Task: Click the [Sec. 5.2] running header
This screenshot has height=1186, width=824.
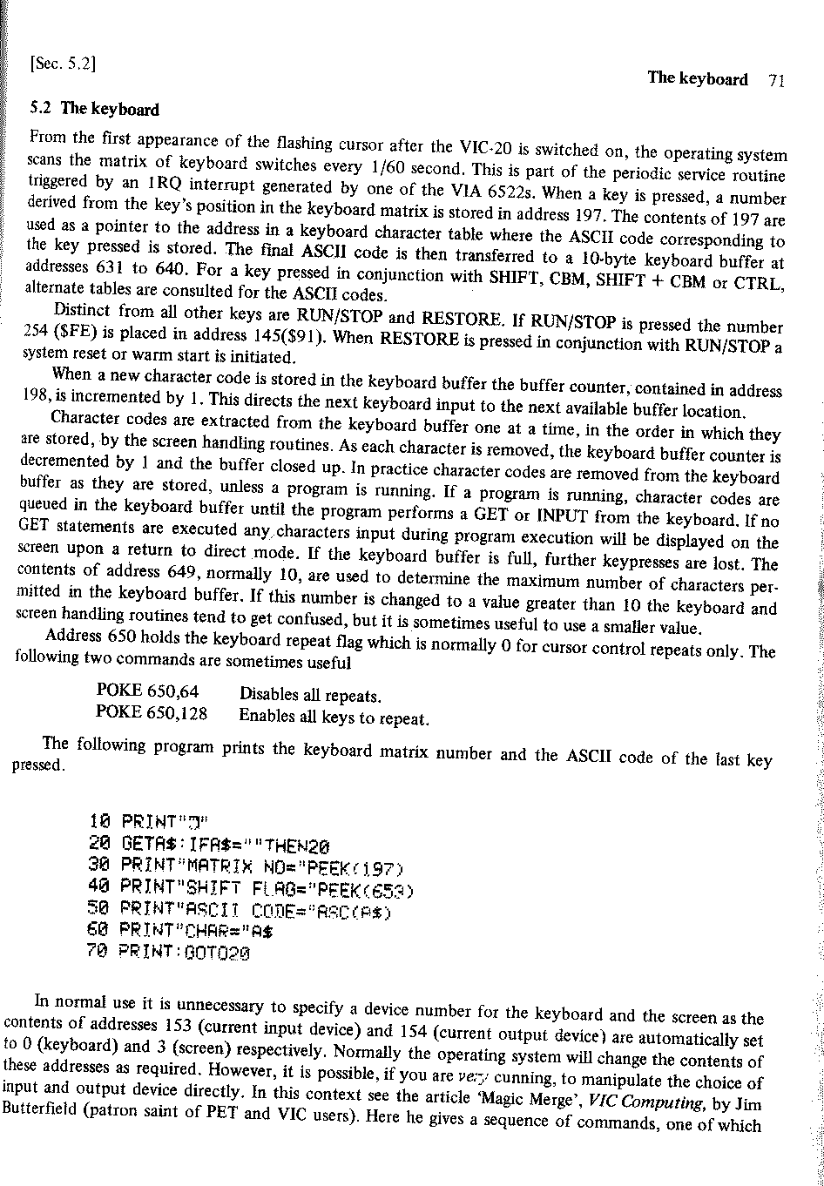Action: pyautogui.click(x=62, y=63)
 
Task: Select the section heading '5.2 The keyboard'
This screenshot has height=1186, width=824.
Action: pyautogui.click(x=94, y=110)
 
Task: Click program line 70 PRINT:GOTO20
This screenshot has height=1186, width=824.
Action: pyautogui.click(x=170, y=954)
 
